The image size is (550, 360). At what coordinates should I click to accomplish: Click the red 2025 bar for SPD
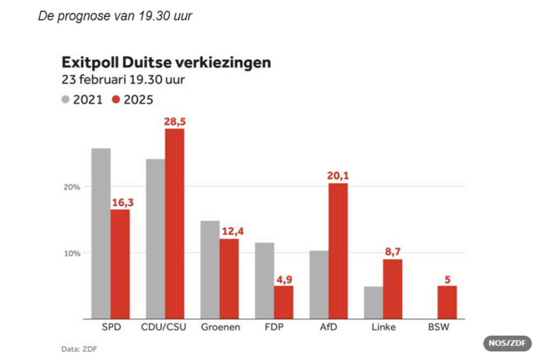pos(120,264)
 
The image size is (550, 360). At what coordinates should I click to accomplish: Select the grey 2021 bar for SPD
pos(101,233)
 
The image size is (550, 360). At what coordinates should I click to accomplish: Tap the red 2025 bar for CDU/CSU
pos(175,224)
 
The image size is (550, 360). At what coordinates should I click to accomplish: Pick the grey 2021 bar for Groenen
pos(210,269)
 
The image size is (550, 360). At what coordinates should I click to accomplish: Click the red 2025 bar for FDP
pos(284,302)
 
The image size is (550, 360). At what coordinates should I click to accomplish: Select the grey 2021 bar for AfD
pos(319,284)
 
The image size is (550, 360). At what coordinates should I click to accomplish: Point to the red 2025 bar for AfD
pos(338,251)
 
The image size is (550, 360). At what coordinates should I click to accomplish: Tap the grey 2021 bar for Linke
pos(373,303)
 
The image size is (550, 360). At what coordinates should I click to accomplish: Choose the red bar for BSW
pos(447,302)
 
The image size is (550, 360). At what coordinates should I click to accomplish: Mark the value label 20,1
pos(338,175)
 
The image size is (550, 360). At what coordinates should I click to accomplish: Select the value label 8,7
pos(393,251)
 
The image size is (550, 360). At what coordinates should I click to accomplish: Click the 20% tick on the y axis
pos(73,187)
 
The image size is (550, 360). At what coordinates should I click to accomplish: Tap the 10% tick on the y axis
pos(73,253)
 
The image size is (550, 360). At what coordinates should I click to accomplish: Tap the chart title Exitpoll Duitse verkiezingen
pos(167,62)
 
